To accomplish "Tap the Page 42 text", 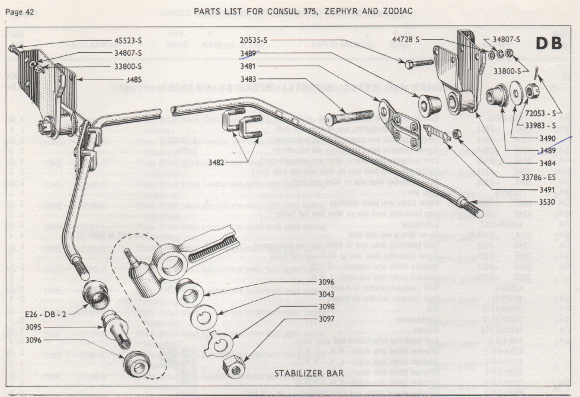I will [20, 11].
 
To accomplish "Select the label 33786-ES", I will [538, 177].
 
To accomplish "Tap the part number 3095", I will [37, 328].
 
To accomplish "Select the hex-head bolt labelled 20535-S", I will [419, 62].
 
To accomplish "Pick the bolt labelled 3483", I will [350, 117].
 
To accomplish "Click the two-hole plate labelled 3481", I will [399, 123].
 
